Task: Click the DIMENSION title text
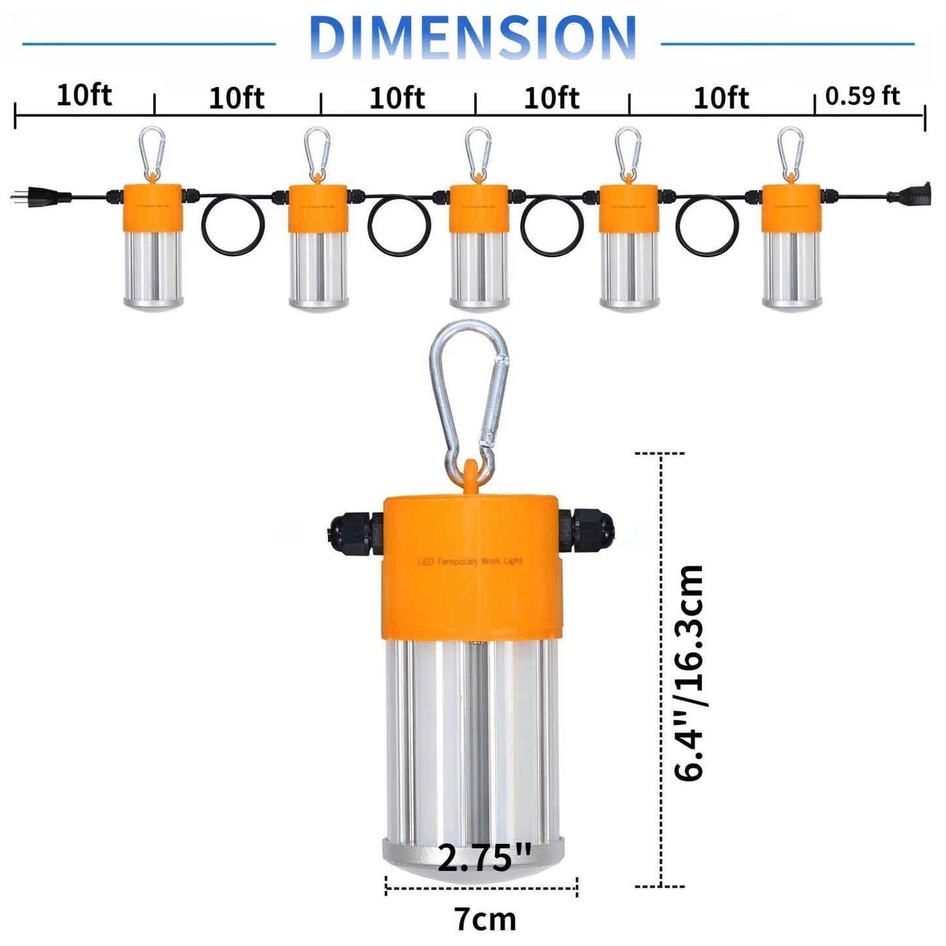472,37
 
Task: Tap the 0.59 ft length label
862,96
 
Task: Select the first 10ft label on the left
84,96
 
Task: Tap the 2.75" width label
484,858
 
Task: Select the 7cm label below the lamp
485,919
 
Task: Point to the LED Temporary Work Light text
469,562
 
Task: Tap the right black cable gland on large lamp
587,531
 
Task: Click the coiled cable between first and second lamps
233,225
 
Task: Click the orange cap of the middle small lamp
479,208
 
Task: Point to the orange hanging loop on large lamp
470,474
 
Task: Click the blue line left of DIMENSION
149,44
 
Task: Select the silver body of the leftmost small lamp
153,268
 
